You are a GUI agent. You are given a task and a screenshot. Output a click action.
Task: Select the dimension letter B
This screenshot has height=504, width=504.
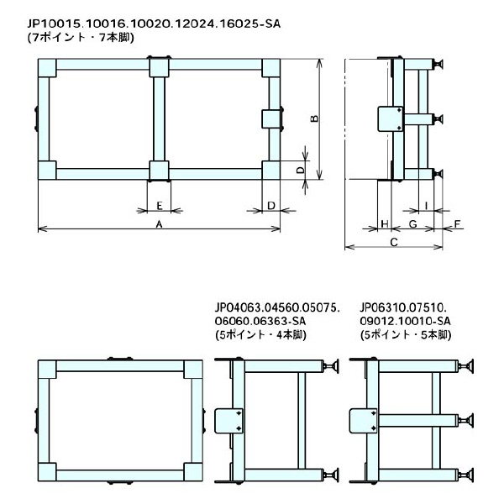[x=313, y=118]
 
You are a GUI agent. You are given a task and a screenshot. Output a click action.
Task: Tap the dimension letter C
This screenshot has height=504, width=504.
[x=393, y=243]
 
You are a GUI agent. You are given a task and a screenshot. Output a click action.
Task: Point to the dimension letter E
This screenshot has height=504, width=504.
[x=159, y=205]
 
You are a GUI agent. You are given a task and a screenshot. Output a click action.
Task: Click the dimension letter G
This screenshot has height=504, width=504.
[x=412, y=224]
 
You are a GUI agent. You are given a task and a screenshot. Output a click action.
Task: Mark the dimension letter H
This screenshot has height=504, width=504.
[x=384, y=224]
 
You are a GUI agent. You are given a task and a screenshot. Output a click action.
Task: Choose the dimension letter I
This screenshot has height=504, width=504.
[x=427, y=205]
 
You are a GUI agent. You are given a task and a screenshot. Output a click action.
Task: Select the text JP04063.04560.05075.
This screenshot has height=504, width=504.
[x=277, y=307]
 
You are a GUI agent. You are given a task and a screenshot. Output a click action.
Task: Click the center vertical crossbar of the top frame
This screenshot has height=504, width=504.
[x=159, y=118]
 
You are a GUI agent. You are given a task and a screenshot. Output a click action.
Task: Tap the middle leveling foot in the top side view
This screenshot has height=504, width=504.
[x=438, y=118]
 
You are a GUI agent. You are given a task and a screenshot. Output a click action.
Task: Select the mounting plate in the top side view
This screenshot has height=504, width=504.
[x=389, y=118]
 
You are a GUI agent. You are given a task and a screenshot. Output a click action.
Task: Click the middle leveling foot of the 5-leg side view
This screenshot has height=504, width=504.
[x=468, y=419]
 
